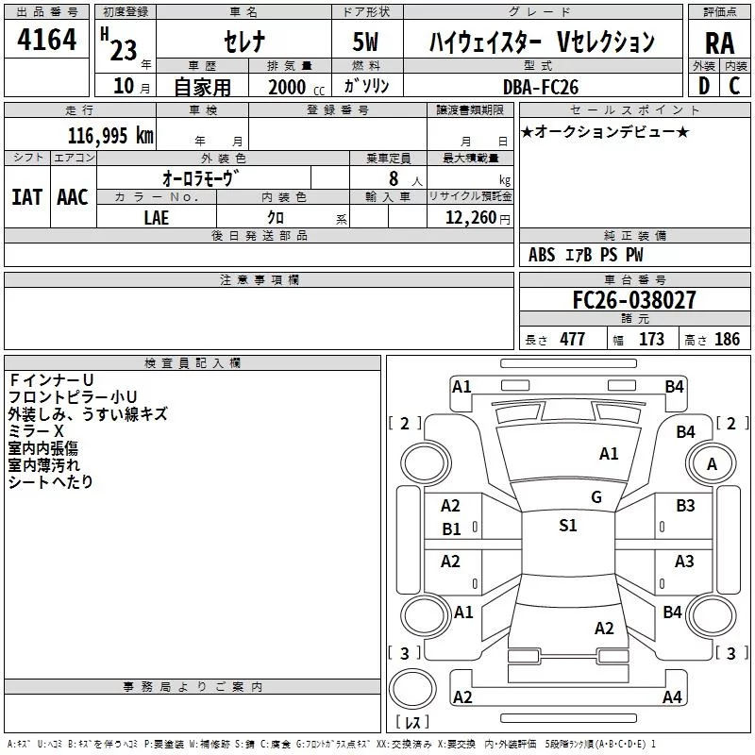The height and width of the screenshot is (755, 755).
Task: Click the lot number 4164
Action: pos(46,40)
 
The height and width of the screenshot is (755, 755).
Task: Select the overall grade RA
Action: pos(719,43)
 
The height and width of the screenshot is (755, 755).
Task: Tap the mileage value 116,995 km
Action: pos(110,136)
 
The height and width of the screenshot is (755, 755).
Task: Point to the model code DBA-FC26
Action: pos(541,87)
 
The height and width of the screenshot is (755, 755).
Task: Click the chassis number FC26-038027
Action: pos(634,300)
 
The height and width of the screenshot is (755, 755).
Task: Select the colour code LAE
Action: pos(157,218)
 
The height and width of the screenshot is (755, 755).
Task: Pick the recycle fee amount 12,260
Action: pos(470,218)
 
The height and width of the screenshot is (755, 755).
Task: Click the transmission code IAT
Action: pos(26,197)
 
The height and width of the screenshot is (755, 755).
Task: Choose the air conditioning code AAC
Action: pos(73,197)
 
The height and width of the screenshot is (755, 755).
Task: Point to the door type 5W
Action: pos(365,42)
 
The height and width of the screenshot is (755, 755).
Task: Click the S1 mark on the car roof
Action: pos(568,526)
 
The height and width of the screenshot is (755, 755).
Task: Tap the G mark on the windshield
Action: pos(596,497)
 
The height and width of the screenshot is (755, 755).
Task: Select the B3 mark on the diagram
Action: pos(685,506)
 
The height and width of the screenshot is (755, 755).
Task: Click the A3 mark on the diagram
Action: pos(684,561)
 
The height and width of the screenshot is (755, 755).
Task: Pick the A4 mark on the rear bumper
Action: pos(672,696)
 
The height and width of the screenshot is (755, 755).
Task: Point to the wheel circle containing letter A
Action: pos(712,463)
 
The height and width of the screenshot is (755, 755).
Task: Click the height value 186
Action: pos(727,339)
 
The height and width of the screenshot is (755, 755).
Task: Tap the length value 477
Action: pos(573,339)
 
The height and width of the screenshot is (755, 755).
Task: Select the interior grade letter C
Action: pos(734,86)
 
